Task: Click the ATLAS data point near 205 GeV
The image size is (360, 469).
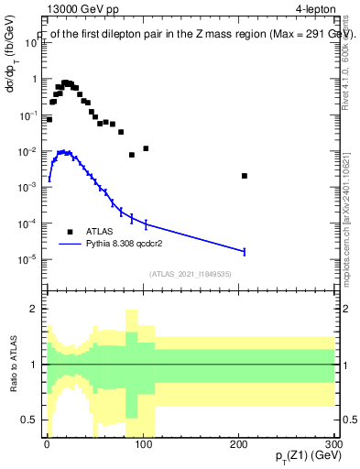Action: pos(245,176)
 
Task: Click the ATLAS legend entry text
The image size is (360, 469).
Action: pos(101,232)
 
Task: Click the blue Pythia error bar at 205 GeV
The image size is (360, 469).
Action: pos(245,251)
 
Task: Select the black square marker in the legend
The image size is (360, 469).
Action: pos(70,232)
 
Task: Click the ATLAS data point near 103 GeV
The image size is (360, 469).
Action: pos(146,148)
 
